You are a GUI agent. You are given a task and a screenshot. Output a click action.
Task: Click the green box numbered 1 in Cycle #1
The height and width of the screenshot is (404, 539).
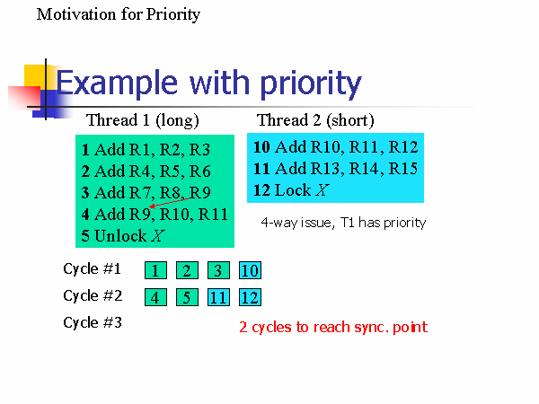(155, 270)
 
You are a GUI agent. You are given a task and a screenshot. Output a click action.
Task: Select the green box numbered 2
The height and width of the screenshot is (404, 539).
(187, 270)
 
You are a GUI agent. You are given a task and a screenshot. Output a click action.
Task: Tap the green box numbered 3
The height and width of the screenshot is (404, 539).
(218, 270)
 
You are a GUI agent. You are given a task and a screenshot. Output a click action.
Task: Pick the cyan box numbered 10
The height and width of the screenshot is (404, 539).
(250, 270)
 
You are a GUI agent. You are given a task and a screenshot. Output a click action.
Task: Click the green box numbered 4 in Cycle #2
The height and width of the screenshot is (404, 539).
(155, 297)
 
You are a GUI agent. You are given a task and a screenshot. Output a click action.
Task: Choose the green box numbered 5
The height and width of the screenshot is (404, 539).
(187, 297)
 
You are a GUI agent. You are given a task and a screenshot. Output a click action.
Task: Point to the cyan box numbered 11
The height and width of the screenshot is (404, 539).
(218, 297)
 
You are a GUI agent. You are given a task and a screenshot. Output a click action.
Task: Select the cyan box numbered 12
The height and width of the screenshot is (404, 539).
(250, 297)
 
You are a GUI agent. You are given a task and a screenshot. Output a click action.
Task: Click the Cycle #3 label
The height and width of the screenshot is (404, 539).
(93, 323)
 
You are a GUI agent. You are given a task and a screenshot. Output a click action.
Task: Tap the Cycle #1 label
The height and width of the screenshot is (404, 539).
(93, 269)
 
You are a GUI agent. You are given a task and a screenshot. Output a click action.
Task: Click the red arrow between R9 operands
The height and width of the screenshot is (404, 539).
(170, 202)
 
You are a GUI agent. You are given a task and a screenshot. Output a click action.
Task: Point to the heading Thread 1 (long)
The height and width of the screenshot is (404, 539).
(143, 120)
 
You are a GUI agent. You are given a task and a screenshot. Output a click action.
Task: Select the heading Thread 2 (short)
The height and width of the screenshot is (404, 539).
(315, 120)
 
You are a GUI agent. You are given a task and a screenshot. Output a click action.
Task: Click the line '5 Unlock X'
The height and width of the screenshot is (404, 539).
(123, 236)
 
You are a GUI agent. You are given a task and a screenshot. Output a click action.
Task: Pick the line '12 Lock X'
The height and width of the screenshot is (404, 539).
(291, 190)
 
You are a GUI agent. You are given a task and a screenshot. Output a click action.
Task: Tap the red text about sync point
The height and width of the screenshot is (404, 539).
(333, 328)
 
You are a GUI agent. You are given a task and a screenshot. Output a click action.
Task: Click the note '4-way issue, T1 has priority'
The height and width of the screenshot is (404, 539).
(343, 223)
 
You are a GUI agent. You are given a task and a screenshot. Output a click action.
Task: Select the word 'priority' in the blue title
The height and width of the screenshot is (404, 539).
(311, 84)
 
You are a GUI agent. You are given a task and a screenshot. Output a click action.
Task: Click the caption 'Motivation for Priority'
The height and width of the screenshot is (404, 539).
(119, 14)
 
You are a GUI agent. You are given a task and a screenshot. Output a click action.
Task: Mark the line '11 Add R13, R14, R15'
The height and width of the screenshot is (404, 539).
(335, 169)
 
